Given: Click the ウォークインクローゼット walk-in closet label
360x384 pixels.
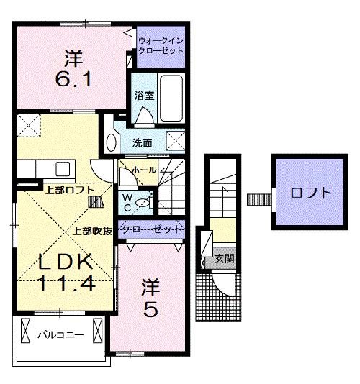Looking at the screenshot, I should [160, 47].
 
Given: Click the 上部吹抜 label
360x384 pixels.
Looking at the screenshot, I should [92, 232].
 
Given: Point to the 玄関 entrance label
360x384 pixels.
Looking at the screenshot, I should [224, 259].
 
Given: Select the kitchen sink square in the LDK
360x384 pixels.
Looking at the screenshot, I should [61, 170].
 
